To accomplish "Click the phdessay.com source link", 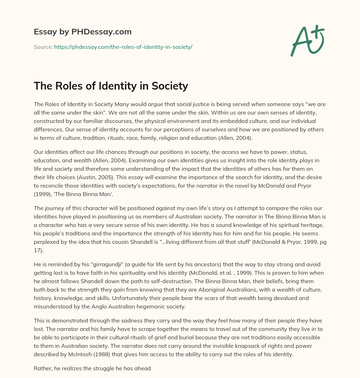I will click(x=123, y=47).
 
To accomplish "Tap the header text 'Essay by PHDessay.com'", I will click(x=83, y=32).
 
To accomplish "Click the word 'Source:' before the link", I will click(x=43, y=47).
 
